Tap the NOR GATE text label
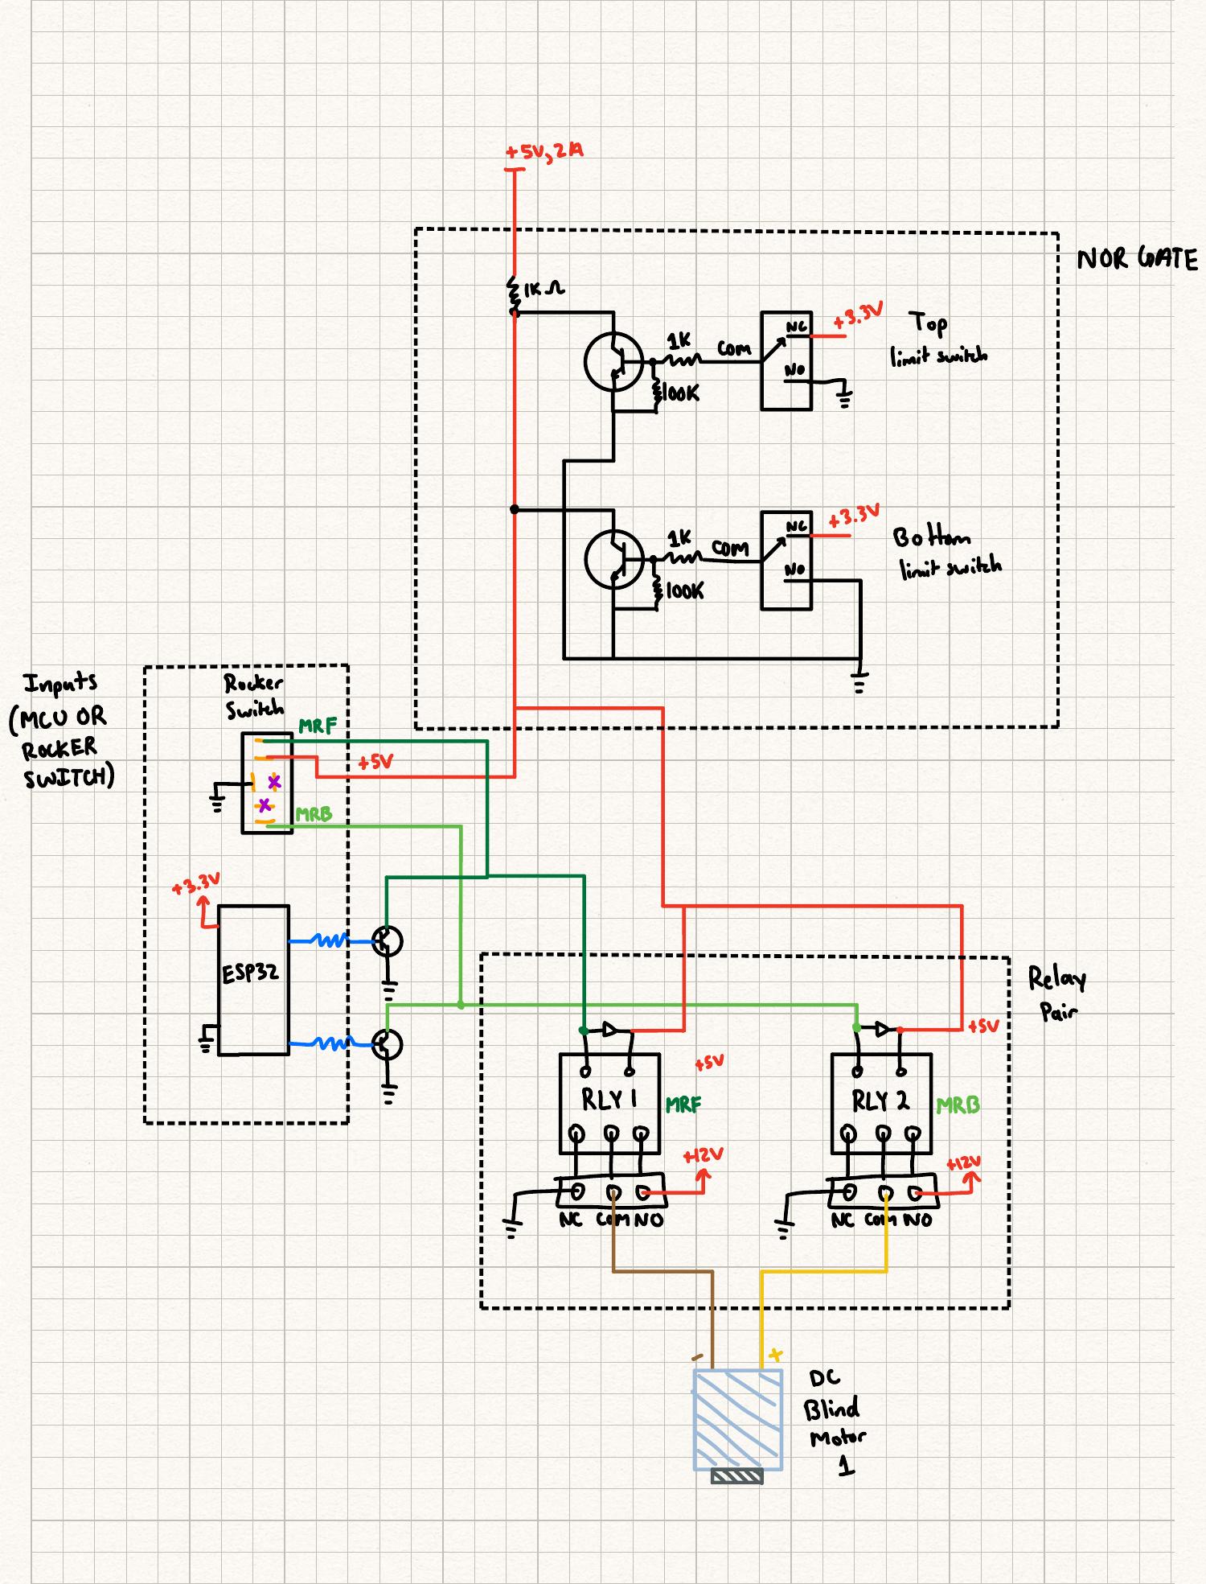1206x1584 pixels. click(1137, 259)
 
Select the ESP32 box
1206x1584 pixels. click(253, 979)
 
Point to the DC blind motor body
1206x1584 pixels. click(737, 1418)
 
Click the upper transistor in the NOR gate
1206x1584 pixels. click(614, 362)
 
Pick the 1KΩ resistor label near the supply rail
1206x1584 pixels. click(544, 288)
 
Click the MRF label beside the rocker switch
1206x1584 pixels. click(318, 726)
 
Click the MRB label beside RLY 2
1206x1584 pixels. click(958, 1105)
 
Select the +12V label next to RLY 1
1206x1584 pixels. click(703, 1156)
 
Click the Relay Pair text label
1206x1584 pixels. click(1056, 994)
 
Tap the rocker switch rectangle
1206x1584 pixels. click(267, 783)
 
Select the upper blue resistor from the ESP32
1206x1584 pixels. click(328, 940)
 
